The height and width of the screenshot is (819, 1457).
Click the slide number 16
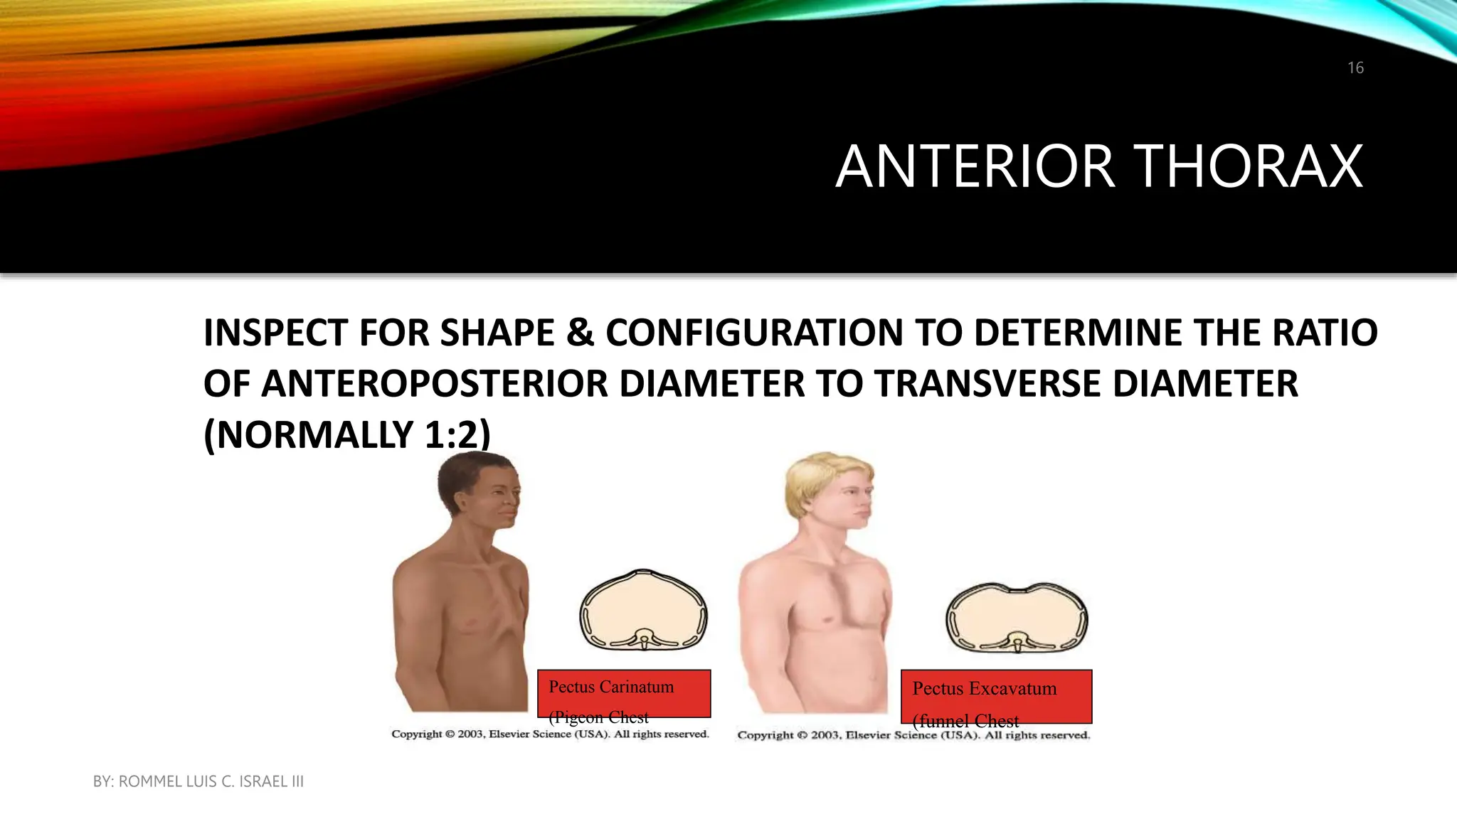pos(1355,68)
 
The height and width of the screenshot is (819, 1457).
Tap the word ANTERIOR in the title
pos(975,166)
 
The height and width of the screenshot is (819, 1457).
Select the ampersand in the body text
pos(581,333)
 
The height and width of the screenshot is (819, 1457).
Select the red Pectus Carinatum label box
pos(624,693)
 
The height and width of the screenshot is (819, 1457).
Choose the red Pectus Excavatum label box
pos(996,696)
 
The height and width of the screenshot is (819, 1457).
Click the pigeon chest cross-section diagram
pos(643,610)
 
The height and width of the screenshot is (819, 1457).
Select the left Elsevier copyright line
pos(550,734)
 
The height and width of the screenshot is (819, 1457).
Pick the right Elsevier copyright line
pos(913,735)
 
